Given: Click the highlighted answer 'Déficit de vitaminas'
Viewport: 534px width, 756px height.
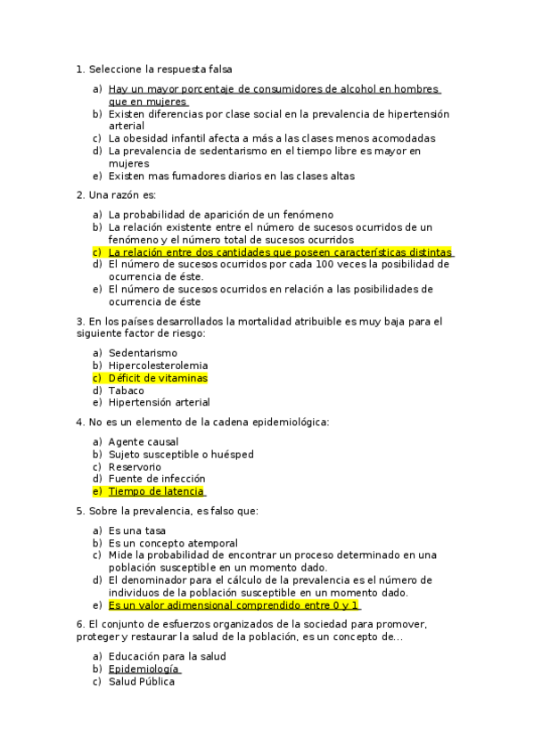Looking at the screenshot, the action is [x=158, y=378].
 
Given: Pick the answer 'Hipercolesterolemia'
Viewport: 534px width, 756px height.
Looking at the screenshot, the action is [x=159, y=366].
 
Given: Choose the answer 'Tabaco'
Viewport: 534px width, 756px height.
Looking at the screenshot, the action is [x=127, y=390].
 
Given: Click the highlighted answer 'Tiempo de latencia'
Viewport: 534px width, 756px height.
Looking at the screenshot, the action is [x=156, y=491].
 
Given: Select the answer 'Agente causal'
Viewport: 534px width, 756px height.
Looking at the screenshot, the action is [x=144, y=441].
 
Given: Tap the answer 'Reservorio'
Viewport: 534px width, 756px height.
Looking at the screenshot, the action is [x=135, y=466].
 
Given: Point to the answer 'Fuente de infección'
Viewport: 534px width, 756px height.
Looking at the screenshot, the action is [x=157, y=479].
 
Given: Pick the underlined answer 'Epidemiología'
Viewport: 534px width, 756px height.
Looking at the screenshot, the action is [x=144, y=669].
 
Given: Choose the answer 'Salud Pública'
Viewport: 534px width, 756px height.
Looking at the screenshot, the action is [x=142, y=682].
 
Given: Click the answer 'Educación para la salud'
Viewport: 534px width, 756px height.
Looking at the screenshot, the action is [x=168, y=656].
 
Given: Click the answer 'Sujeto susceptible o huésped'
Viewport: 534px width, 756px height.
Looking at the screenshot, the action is [x=181, y=454].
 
